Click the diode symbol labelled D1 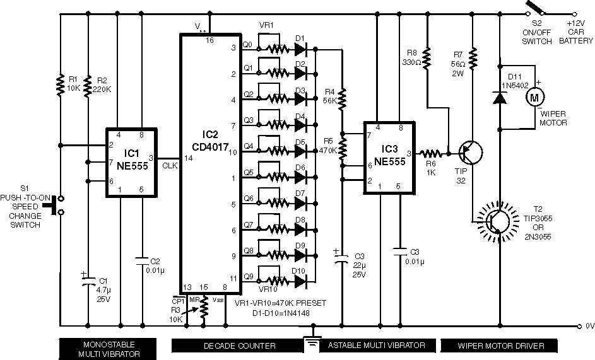tap(300, 47)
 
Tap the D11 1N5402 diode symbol tap(500, 98)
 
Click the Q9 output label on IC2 tap(247, 276)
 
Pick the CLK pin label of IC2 tap(170, 166)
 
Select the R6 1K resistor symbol tap(432, 153)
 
